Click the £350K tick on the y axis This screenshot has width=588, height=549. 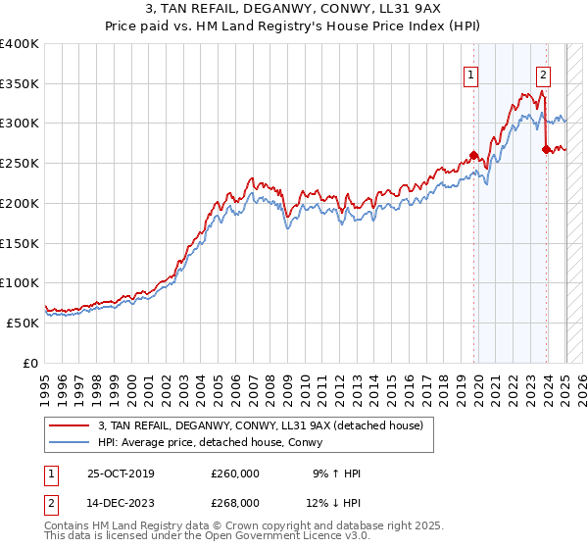click(21, 83)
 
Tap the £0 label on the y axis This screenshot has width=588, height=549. click(30, 363)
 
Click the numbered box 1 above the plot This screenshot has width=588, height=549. click(471, 74)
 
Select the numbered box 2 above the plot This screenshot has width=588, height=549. click(543, 74)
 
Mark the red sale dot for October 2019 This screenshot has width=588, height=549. click(473, 155)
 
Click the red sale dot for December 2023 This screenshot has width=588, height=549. click(546, 149)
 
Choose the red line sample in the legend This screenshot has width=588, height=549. click(70, 425)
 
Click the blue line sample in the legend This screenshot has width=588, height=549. click(70, 442)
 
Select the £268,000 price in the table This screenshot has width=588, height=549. click(235, 503)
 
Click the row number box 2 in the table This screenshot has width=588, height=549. click(51, 503)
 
